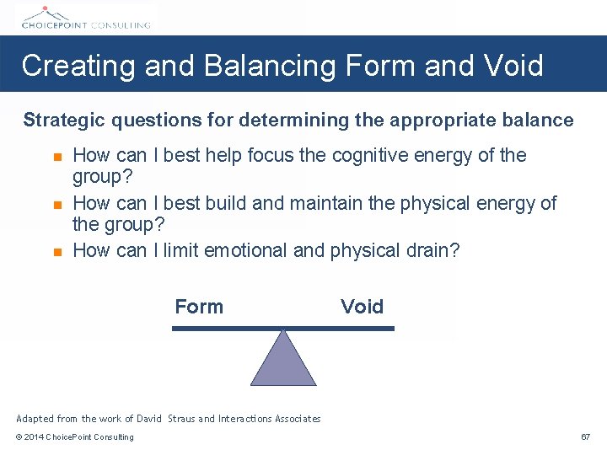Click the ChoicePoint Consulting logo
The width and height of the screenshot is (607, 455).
pos(85,17)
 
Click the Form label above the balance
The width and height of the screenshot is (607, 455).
pos(199,307)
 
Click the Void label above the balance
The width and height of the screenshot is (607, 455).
pos(362,307)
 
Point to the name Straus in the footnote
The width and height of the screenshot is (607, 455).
pos(181,419)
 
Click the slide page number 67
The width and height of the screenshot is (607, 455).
pos(585,437)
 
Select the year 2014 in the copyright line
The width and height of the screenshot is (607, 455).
pos(35,437)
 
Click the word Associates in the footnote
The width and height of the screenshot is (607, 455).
pos(294,419)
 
